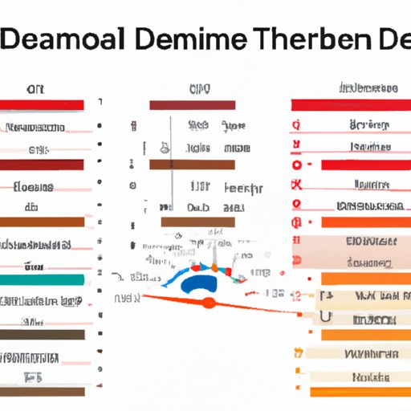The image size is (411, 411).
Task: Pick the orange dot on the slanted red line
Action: tap(209, 302)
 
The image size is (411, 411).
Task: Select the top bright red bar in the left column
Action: tap(43, 104)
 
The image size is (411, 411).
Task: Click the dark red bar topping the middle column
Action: tap(193, 104)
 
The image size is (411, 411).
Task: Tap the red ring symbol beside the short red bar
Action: tap(296, 164)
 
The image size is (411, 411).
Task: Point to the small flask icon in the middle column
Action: tap(165, 147)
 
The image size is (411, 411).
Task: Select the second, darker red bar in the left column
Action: tap(43, 164)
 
